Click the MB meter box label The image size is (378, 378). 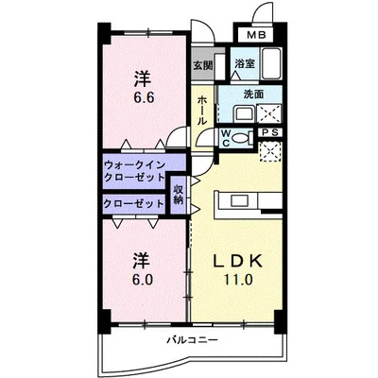256,35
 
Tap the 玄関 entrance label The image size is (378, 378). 203,65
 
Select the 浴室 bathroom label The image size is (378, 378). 245,63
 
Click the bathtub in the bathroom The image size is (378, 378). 271,64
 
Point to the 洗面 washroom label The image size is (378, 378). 254,94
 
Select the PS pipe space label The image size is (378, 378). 270,132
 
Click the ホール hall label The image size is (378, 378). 202,111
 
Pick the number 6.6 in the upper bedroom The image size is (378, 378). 144,98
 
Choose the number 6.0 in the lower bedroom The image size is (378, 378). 143,279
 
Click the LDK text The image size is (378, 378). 238,261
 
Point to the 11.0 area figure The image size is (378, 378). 238,279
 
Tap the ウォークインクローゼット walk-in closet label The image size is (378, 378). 134,171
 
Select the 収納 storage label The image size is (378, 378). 178,195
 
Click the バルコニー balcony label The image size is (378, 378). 193,340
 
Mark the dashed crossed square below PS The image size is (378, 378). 269,151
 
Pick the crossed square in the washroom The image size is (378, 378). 268,113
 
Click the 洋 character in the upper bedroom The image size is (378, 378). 143,78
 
